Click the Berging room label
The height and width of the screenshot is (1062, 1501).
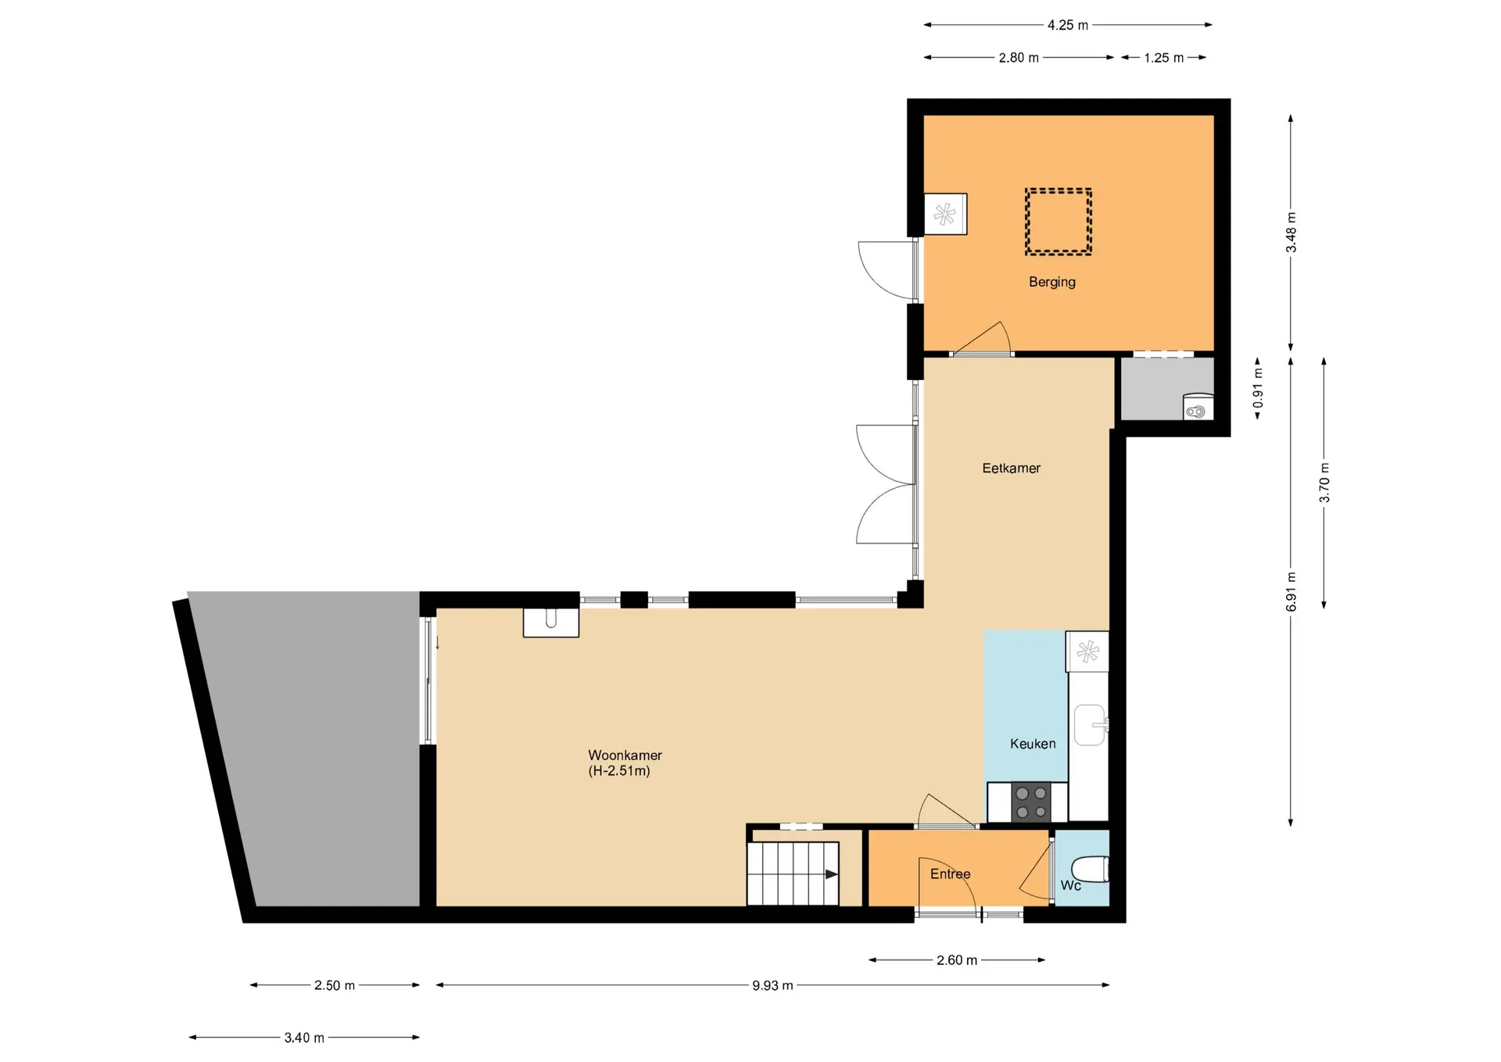point(1051,282)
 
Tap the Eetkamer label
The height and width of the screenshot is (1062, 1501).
point(1011,468)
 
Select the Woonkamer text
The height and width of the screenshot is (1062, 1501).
point(625,755)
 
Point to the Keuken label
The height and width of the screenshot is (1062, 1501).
point(1033,744)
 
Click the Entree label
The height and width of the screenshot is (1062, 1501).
point(950,874)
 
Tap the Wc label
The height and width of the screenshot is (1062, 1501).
point(1071,885)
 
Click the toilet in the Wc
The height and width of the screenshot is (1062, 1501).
point(1090,870)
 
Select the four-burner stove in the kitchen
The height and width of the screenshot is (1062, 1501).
point(1030,802)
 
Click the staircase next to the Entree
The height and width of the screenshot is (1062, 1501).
point(793,874)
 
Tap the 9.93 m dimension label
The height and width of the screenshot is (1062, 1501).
point(772,985)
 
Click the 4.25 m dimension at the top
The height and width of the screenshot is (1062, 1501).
point(1068,25)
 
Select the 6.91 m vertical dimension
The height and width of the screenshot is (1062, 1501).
point(1291,592)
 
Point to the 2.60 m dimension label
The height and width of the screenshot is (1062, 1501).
point(957,960)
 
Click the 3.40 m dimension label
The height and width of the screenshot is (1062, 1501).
point(304,1038)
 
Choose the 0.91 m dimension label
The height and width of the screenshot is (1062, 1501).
point(1258,389)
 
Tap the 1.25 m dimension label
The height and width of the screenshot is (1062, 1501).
point(1164,58)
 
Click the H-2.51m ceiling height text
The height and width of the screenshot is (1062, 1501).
point(619,771)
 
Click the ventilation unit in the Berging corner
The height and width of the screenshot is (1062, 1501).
point(945,214)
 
